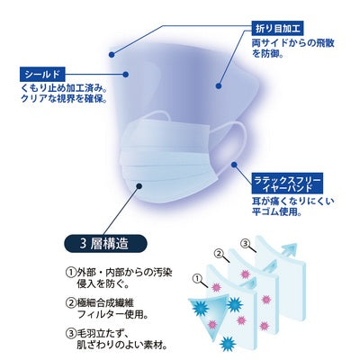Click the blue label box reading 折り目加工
(277, 29)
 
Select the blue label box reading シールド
(42, 75)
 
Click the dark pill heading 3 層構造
(105, 244)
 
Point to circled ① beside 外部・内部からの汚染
(69, 273)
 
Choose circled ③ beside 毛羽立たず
(69, 333)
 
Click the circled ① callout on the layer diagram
(197, 278)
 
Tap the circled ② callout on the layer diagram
(220, 253)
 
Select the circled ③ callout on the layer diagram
(245, 244)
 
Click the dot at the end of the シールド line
(127, 75)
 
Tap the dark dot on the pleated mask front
(139, 186)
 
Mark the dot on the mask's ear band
(235, 164)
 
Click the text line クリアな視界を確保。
(64, 99)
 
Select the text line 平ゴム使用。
(276, 211)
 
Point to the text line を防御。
(268, 54)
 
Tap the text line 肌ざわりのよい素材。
(121, 345)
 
